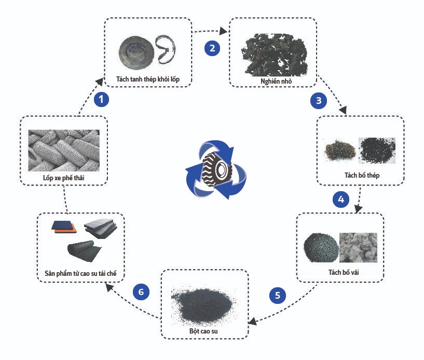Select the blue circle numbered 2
[212, 48]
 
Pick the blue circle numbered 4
[340, 199]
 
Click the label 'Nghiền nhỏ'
[273, 82]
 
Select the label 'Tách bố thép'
[362, 175]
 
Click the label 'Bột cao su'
[204, 330]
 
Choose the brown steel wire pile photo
[338, 150]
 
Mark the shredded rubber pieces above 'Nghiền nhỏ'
[272, 52]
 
